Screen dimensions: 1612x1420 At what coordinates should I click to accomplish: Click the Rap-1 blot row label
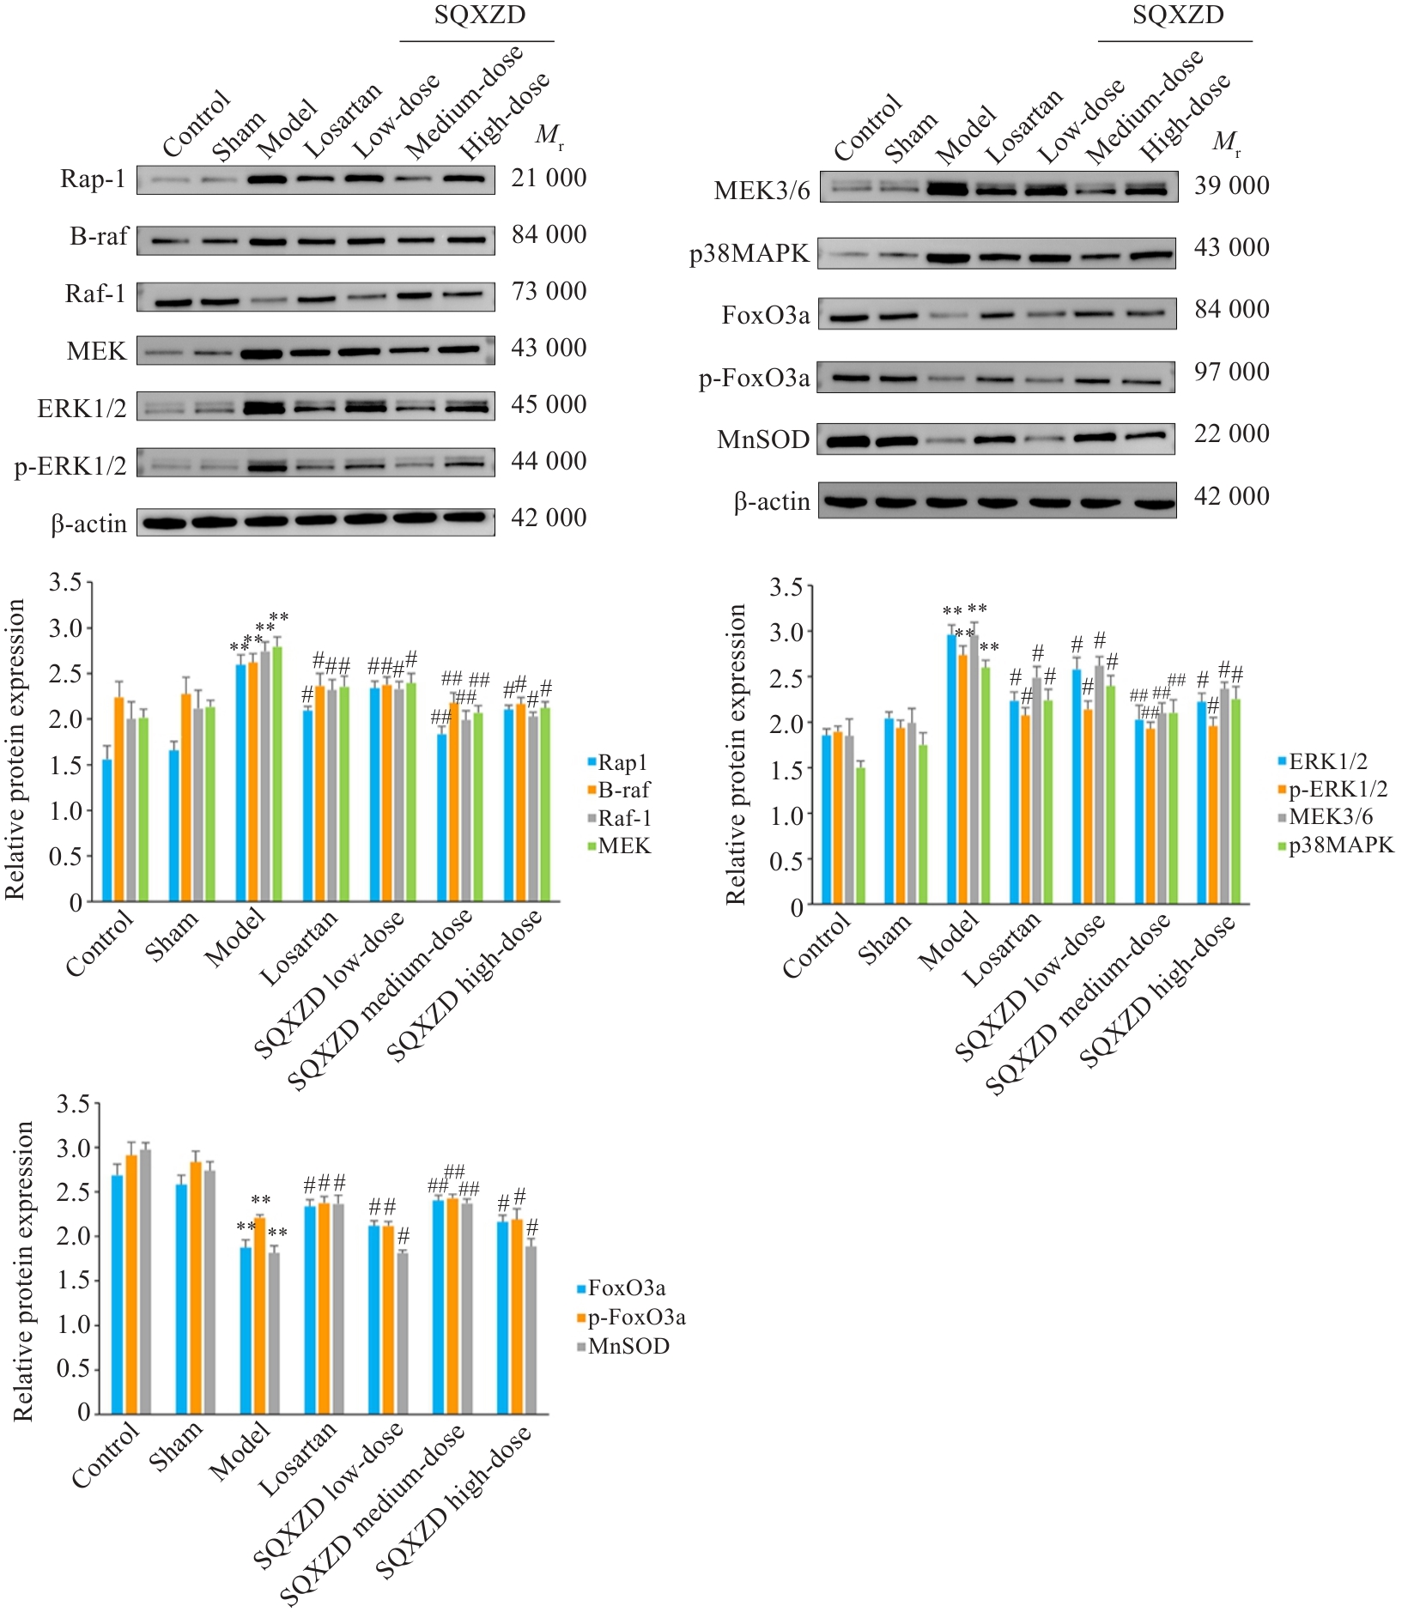(x=93, y=179)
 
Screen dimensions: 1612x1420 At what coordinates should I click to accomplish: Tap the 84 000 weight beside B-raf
(x=549, y=234)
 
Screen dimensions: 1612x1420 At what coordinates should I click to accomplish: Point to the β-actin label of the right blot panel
(x=772, y=501)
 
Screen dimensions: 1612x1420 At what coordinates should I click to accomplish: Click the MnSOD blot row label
(x=763, y=439)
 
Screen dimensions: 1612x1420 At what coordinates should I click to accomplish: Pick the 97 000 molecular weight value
(x=1231, y=372)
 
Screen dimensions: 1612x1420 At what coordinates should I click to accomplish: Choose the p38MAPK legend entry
(x=1341, y=845)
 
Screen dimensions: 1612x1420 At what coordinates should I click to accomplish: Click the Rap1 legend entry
(x=622, y=762)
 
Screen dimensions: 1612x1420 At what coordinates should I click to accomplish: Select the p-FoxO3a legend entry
(x=636, y=1317)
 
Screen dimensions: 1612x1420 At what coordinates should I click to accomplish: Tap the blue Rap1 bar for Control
(x=107, y=829)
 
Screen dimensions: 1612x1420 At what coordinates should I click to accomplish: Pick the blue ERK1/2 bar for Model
(x=951, y=769)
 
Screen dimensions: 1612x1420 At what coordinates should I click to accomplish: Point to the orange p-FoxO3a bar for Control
(x=131, y=1284)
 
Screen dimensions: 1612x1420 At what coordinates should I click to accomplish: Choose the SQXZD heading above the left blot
(x=479, y=15)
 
